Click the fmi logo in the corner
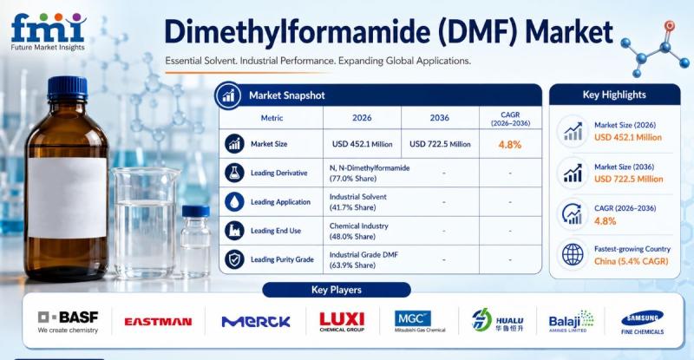(x=48, y=32)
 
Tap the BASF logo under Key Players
(x=69, y=322)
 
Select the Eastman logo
(x=158, y=322)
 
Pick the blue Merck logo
(x=256, y=322)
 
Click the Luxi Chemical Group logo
(x=342, y=322)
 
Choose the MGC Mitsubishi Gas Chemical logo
(x=420, y=322)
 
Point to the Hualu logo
(x=497, y=320)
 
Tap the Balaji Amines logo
(x=571, y=321)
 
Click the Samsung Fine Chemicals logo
(x=642, y=322)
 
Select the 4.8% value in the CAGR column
(x=510, y=144)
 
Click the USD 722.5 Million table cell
(x=440, y=144)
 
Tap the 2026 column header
(x=362, y=118)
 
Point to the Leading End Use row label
(x=276, y=231)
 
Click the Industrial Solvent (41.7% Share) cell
(x=358, y=202)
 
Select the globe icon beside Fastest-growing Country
(x=573, y=255)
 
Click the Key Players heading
(x=337, y=290)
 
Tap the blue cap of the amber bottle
(x=68, y=88)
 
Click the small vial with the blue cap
(x=195, y=241)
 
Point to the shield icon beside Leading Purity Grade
(x=234, y=259)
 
